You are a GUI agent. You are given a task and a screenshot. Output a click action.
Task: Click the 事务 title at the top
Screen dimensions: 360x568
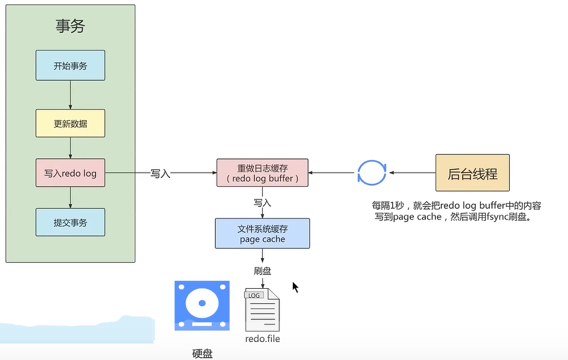tap(70, 26)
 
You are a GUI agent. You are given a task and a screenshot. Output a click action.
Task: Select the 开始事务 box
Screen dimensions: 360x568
tap(70, 65)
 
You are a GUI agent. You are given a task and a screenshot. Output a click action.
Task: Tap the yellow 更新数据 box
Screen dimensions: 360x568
tap(70, 123)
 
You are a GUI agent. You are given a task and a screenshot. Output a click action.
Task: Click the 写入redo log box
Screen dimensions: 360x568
tap(70, 173)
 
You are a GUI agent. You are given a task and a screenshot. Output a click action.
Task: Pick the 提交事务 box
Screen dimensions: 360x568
tap(70, 222)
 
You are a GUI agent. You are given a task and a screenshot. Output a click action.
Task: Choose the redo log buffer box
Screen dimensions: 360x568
tap(262, 173)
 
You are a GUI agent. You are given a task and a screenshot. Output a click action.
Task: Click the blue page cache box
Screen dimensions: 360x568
tap(262, 234)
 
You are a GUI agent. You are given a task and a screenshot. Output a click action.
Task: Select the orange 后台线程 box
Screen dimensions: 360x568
tap(472, 173)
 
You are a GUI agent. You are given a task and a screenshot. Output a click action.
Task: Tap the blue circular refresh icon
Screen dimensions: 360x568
tap(371, 173)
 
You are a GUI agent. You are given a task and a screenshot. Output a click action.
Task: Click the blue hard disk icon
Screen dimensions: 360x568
tap(202, 306)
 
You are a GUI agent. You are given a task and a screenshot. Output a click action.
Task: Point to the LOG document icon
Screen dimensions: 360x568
tap(262, 310)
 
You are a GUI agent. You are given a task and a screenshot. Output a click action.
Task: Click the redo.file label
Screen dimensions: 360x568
tap(262, 339)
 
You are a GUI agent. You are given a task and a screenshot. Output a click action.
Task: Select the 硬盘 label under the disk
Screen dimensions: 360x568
tap(202, 354)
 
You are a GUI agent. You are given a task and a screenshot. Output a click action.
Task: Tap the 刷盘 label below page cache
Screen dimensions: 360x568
tap(262, 271)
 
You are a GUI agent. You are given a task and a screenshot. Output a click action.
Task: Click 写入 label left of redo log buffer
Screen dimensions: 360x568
tap(160, 174)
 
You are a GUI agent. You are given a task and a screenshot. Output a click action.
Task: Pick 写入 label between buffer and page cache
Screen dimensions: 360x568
tap(262, 202)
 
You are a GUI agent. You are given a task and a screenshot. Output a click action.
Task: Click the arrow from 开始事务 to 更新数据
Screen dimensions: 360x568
tap(70, 94)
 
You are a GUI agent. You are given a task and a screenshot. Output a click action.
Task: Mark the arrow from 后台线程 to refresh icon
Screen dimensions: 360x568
tap(412, 173)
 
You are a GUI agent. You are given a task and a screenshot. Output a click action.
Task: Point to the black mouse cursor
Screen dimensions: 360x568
tap(295, 287)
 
